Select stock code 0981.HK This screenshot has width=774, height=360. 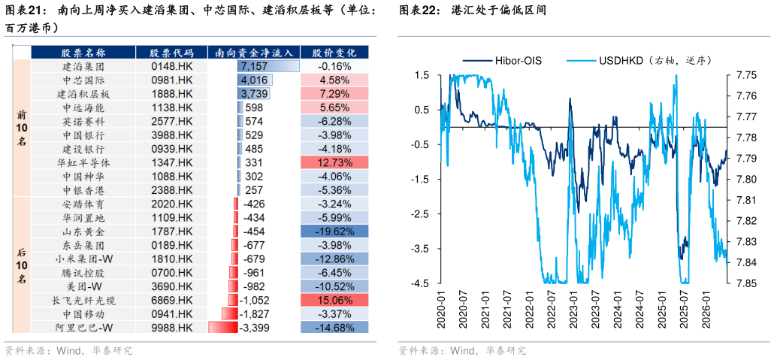(171, 80)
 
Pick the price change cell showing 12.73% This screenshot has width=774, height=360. (334, 162)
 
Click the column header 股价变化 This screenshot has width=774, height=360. (334, 53)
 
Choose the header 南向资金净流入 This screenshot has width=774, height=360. (254, 53)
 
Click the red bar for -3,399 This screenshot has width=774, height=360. (223, 328)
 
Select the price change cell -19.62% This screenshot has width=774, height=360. (334, 231)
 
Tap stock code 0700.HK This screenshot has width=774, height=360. (171, 273)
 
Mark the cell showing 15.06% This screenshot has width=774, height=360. (334, 300)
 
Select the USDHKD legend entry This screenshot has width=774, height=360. (638, 61)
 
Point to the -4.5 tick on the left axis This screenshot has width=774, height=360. (421, 283)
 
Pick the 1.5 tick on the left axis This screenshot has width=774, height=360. (423, 75)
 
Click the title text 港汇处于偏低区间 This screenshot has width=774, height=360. (498, 10)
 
